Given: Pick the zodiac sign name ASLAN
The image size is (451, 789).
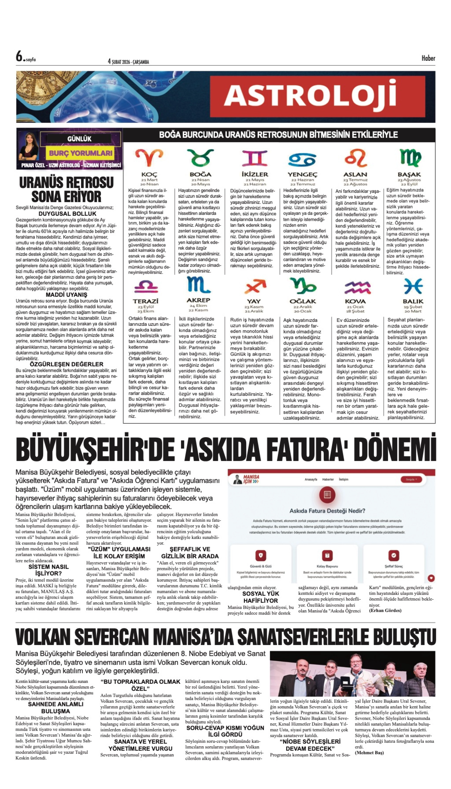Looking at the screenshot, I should click(x=355, y=175).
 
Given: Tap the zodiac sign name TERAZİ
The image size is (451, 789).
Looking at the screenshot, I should click(x=146, y=301).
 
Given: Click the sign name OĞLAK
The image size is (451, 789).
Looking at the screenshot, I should click(x=303, y=301).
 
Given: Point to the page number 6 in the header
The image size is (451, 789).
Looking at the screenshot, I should click(x=19, y=56).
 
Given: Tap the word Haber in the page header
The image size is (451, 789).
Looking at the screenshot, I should click(x=428, y=58).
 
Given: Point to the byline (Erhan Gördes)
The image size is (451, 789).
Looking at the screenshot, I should click(x=385, y=610).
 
